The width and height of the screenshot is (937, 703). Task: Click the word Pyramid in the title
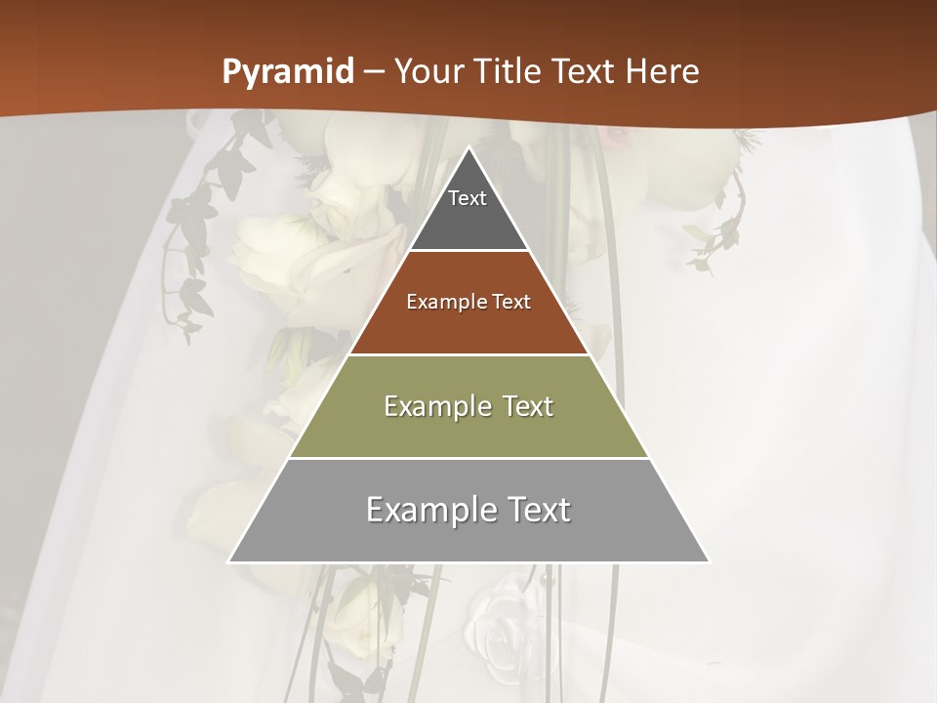click(287, 72)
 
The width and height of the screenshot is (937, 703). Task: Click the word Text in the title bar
click(584, 71)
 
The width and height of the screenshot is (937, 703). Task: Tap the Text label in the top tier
click(468, 198)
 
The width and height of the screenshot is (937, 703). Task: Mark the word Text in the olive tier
click(528, 406)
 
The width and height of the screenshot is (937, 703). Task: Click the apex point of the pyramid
click(468, 148)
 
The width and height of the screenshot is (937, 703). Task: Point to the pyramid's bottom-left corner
click(229, 561)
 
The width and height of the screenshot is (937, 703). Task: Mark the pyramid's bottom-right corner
click(709, 561)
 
